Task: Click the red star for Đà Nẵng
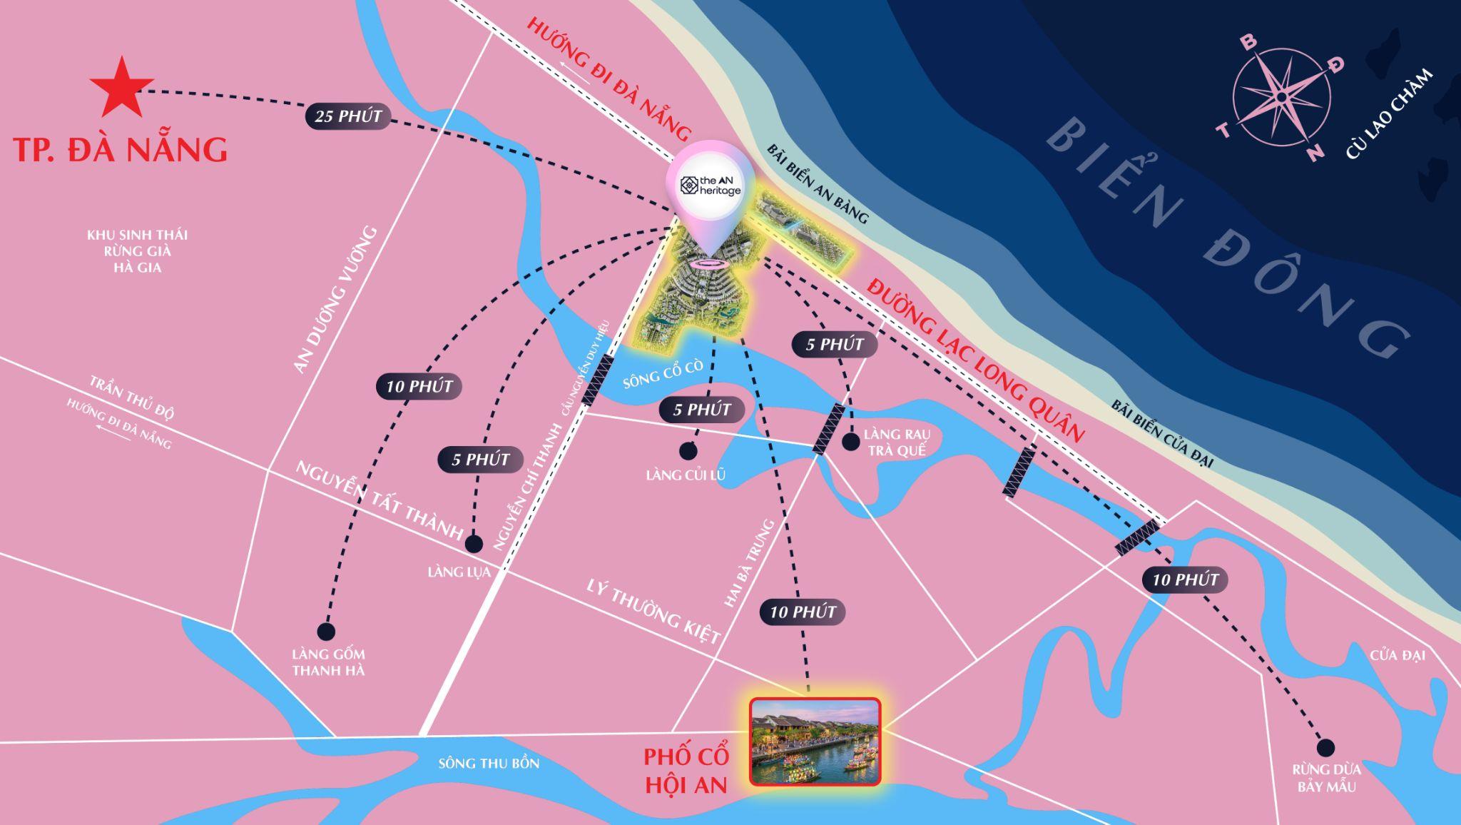click(121, 88)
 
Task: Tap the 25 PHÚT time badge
click(348, 116)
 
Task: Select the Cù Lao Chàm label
click(1389, 114)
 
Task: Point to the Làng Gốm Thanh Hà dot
click(326, 632)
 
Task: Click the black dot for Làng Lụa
click(473, 545)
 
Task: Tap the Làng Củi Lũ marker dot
click(688, 451)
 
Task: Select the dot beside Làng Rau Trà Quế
click(850, 442)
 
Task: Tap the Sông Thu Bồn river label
click(489, 764)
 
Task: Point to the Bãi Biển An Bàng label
click(818, 183)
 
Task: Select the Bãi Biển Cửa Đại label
click(1161, 433)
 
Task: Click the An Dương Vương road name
click(334, 300)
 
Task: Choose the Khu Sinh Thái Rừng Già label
click(137, 250)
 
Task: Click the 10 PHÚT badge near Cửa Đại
click(1185, 579)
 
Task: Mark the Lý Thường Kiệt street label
click(654, 612)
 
